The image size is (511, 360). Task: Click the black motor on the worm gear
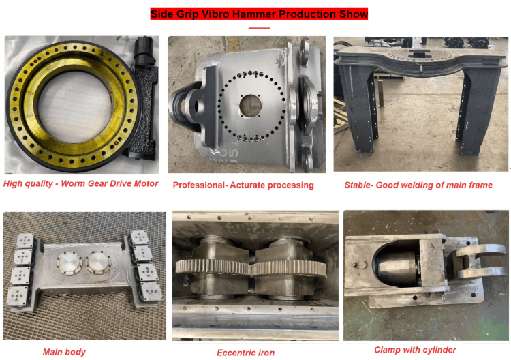tap(144, 52)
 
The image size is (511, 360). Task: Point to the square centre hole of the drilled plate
tap(250, 106)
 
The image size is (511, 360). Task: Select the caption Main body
tap(64, 352)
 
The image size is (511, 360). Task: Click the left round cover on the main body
tap(69, 262)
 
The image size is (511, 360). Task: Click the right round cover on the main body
tap(98, 262)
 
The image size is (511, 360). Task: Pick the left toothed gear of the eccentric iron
tap(213, 267)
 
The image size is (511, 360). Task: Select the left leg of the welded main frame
tap(358, 108)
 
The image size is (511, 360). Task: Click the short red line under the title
tap(259, 28)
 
